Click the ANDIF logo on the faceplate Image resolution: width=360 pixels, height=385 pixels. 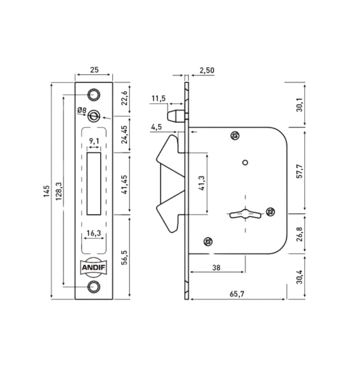tap(94, 268)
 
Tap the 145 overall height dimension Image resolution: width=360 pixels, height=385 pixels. tap(46, 191)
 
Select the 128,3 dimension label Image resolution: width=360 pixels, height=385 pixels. tap(58, 191)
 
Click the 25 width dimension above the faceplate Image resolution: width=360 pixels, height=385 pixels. tap(94, 70)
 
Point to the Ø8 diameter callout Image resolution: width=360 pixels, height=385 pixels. tap(81, 110)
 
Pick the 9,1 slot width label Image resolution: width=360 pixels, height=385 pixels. tap(94, 141)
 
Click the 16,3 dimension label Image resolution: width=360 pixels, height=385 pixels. tap(94, 233)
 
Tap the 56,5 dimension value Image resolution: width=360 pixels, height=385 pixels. tap(124, 257)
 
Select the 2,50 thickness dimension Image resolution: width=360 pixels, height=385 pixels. tap(207, 70)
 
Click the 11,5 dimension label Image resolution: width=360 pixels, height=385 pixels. tap(159, 98)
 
